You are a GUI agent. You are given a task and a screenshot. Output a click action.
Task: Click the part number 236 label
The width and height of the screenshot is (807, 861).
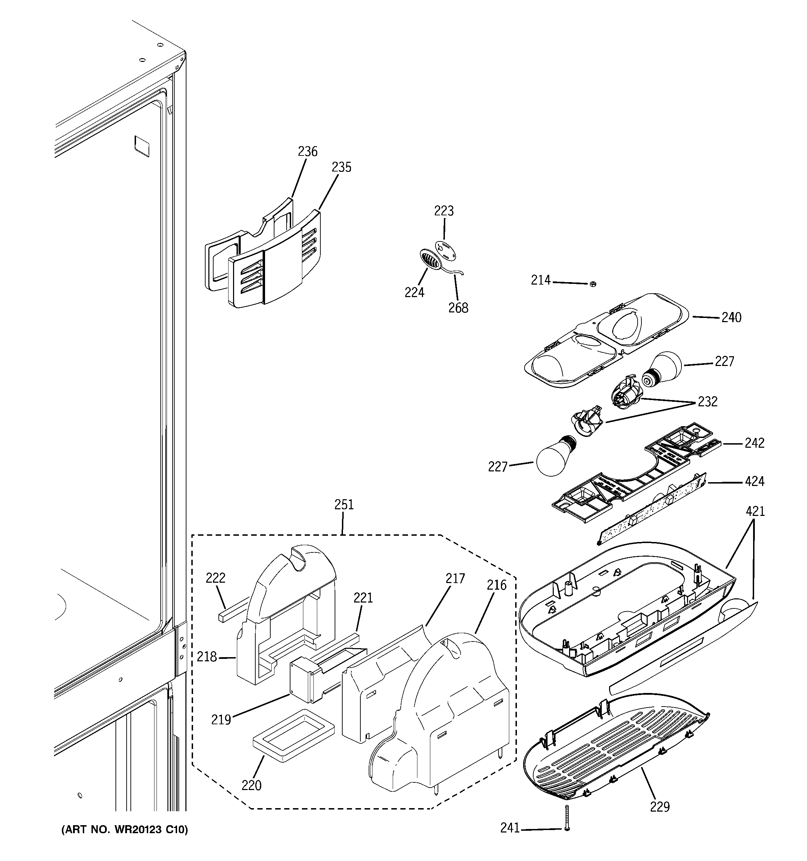(x=307, y=152)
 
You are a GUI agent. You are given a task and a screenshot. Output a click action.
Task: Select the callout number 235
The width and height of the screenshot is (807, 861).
(x=341, y=167)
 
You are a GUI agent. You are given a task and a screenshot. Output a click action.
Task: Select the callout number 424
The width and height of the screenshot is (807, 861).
(x=754, y=481)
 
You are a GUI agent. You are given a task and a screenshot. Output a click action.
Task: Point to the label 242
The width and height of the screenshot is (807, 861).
(x=754, y=443)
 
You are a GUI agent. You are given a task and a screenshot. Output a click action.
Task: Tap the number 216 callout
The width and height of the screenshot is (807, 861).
(x=496, y=585)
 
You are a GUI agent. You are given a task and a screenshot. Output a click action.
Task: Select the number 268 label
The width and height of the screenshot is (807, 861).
(x=458, y=308)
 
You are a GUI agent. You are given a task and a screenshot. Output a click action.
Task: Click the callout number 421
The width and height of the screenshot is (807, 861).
(x=755, y=511)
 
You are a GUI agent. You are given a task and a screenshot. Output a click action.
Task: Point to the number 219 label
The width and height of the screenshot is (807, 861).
(x=221, y=720)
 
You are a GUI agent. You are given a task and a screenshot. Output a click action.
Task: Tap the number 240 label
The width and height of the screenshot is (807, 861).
(x=731, y=318)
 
